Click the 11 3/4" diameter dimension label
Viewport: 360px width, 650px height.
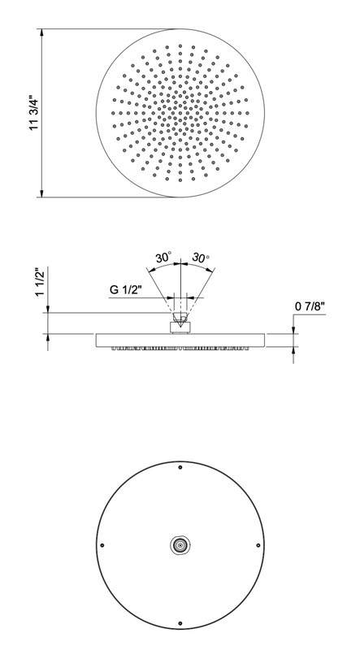click(x=34, y=112)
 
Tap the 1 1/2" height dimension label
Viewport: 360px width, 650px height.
click(x=41, y=282)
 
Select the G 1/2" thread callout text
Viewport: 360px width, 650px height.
click(x=126, y=290)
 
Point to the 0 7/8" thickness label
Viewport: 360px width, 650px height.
click(x=310, y=307)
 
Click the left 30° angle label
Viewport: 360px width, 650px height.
click(x=163, y=258)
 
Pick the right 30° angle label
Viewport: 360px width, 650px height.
click(x=201, y=258)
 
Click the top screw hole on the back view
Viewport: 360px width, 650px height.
click(x=180, y=467)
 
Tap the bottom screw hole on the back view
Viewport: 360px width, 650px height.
click(x=180, y=623)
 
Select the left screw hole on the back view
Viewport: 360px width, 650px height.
click(x=102, y=545)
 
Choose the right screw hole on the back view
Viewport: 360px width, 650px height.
click(x=258, y=545)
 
